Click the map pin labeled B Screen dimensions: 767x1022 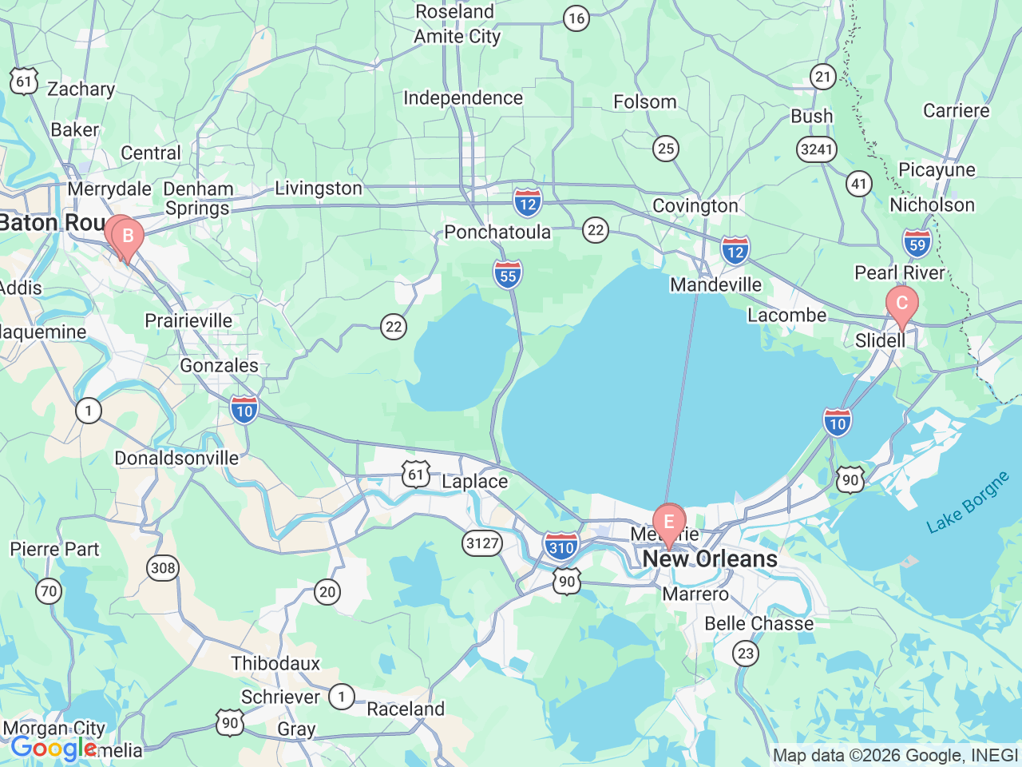pos(127,236)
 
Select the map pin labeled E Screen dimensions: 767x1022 pos(669,523)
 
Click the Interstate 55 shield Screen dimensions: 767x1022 pos(508,274)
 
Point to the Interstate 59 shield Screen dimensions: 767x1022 pos(917,243)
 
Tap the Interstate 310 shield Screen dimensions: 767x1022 pos(561,546)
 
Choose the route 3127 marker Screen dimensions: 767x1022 pos(482,543)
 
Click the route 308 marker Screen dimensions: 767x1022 pos(163,568)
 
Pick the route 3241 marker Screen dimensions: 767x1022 pos(816,149)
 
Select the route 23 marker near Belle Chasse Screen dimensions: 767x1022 pos(745,654)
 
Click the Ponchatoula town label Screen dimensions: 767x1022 pos(497,232)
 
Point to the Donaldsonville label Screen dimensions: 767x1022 pos(176,458)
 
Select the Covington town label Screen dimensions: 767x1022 pos(695,205)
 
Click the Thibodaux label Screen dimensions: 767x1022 pos(275,663)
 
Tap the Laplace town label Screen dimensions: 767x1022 pos(474,481)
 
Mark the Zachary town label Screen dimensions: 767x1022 pos(81,89)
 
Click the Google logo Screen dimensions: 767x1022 pos(53,749)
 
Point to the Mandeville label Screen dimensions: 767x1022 pos(715,284)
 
